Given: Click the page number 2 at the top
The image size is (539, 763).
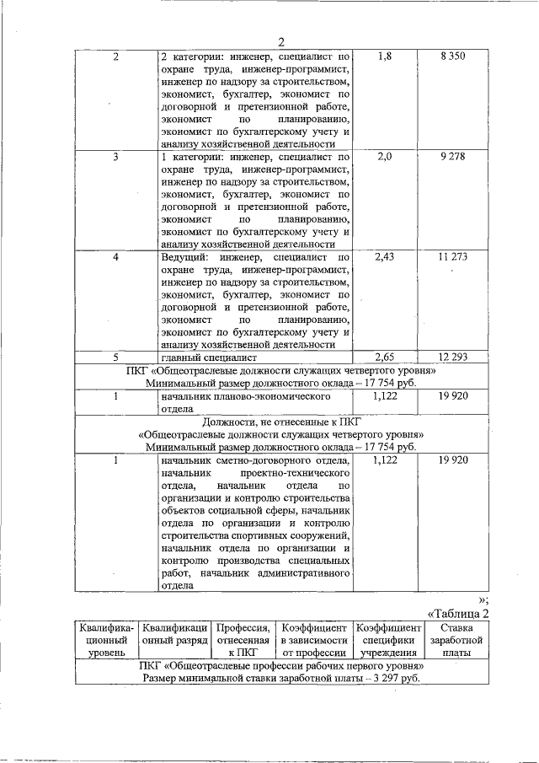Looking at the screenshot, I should click(x=281, y=42).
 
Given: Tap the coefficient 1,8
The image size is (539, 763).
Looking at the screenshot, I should click(x=385, y=56).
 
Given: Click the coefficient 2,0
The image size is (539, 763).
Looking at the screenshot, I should click(x=385, y=157).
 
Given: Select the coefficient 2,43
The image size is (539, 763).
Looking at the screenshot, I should click(x=384, y=256).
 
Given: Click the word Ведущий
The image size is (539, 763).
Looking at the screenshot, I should click(x=184, y=256).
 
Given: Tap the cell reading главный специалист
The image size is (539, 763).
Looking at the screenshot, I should click(x=206, y=357).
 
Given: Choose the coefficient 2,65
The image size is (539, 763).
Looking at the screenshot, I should click(x=384, y=357).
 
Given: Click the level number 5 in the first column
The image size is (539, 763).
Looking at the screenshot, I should click(x=115, y=357).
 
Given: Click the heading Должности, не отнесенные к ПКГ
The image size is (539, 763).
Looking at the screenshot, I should click(x=280, y=422).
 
